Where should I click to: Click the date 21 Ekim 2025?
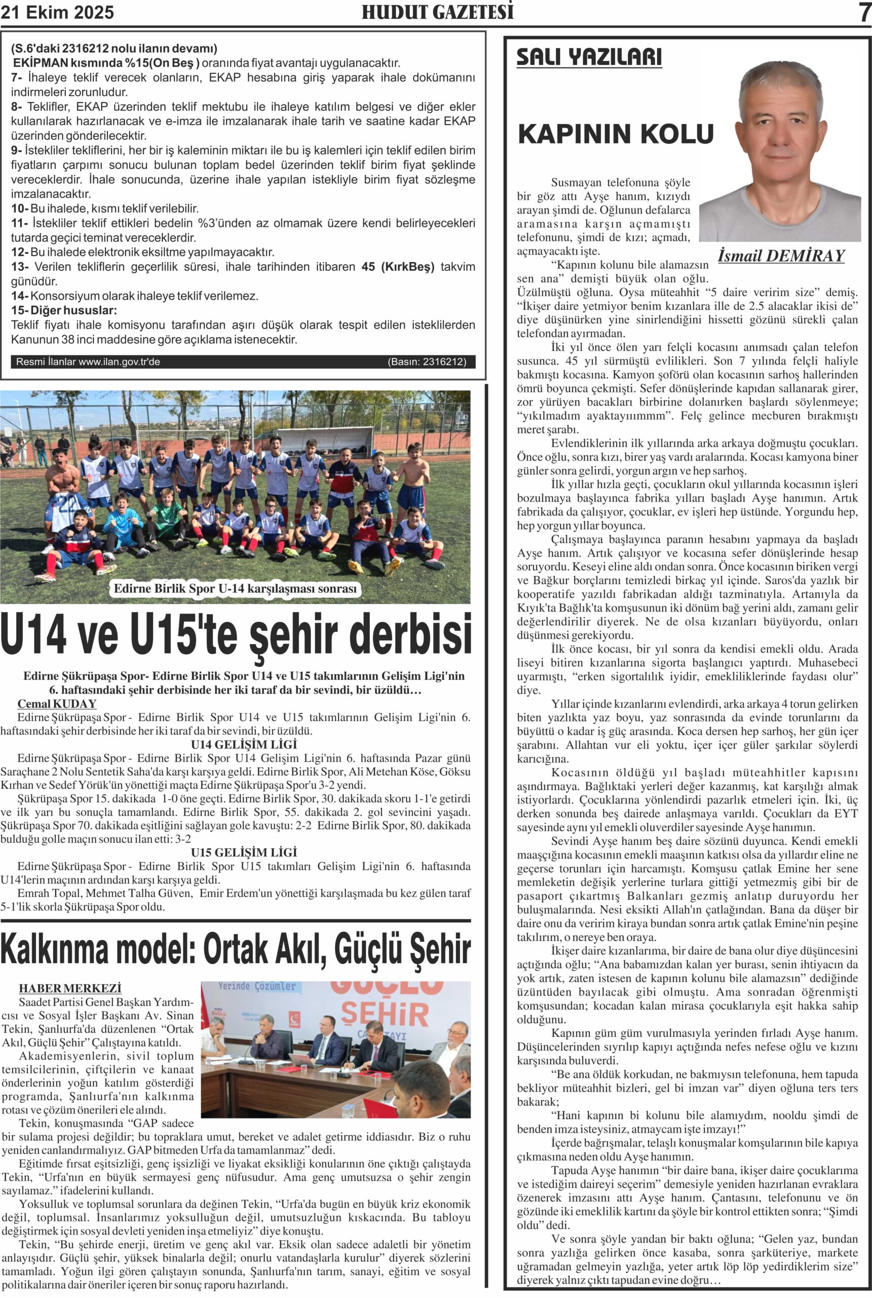click(x=57, y=12)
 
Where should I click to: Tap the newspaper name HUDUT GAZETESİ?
click(x=437, y=12)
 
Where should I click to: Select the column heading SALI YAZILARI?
click(x=589, y=57)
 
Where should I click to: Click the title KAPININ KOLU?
click(x=616, y=134)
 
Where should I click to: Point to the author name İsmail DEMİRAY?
click(x=781, y=256)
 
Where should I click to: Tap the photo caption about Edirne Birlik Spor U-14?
click(x=235, y=589)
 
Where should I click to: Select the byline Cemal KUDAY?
click(x=57, y=704)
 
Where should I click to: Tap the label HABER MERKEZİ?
click(x=70, y=989)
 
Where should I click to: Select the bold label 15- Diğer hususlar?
click(x=64, y=310)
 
